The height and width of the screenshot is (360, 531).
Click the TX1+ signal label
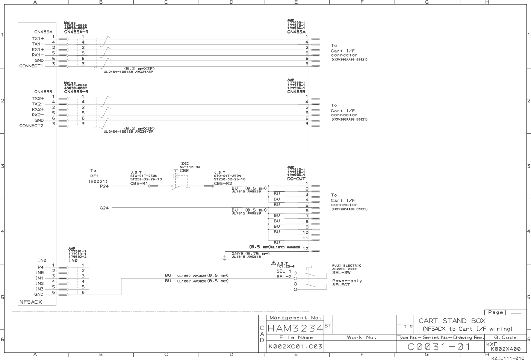38,38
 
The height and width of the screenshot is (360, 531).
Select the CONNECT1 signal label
31,66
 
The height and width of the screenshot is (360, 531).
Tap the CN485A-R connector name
76,32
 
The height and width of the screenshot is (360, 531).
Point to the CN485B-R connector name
76,92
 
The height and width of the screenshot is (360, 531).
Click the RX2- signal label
38,115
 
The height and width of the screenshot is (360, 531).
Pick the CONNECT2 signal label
31,126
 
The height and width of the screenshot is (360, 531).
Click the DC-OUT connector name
296,179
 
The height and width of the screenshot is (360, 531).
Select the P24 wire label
104,186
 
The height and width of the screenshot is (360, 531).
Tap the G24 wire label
104,208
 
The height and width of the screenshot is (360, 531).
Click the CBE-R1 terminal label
139,183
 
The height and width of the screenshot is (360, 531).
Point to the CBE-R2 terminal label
223,183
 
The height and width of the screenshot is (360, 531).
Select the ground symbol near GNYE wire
224,259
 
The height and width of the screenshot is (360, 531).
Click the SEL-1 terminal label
284,271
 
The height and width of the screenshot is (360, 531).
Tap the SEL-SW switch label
341,273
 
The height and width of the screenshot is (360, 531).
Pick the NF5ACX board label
31,302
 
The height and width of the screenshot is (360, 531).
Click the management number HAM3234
295,328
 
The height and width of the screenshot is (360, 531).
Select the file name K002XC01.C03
295,346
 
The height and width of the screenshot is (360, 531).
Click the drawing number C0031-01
439,346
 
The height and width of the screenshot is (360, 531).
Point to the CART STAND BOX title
452,321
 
